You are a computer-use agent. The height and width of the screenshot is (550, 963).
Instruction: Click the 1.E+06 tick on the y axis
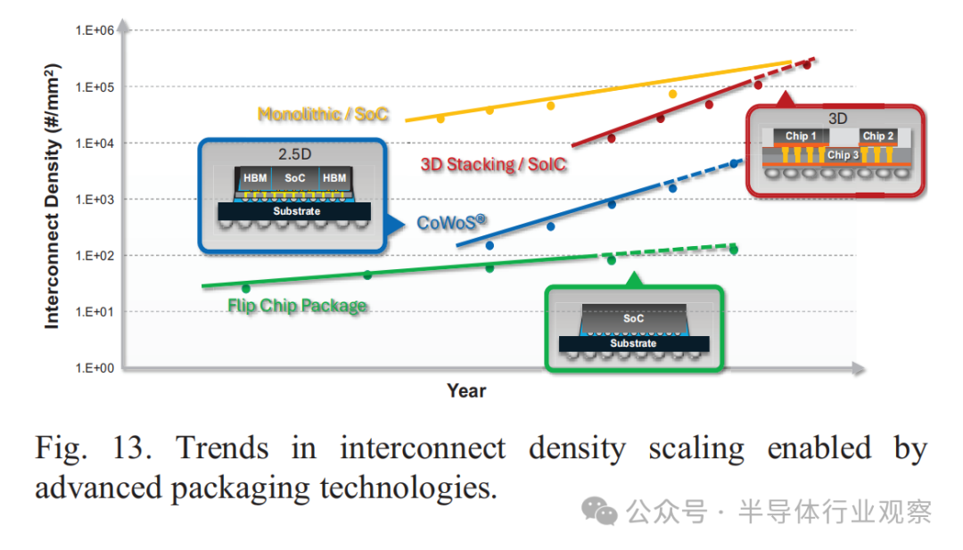pyautogui.click(x=95, y=30)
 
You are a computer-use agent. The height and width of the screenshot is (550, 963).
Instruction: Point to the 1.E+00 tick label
pyautogui.click(x=95, y=368)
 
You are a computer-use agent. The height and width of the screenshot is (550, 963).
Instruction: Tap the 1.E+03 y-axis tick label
pyautogui.click(x=95, y=200)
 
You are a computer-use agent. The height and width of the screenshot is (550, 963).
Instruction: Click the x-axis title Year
pyautogui.click(x=466, y=391)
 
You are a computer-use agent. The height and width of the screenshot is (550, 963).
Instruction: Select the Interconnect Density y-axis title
pyautogui.click(x=53, y=196)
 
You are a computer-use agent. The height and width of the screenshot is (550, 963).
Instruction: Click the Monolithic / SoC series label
pyautogui.click(x=323, y=114)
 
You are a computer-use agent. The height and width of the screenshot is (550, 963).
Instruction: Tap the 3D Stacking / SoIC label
pyautogui.click(x=493, y=165)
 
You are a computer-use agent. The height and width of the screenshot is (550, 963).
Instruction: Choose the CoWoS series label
pyautogui.click(x=451, y=222)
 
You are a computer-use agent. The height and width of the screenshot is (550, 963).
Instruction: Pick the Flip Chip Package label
pyautogui.click(x=297, y=306)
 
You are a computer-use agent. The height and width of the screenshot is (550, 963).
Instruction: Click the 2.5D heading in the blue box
pyautogui.click(x=295, y=154)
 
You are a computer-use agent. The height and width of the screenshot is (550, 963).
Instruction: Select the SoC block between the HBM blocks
pyautogui.click(x=295, y=178)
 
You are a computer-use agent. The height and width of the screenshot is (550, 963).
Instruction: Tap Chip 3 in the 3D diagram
pyautogui.click(x=843, y=155)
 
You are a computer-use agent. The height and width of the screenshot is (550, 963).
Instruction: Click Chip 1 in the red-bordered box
pyautogui.click(x=801, y=135)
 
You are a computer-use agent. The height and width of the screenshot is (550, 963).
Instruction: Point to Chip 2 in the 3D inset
pyautogui.click(x=878, y=135)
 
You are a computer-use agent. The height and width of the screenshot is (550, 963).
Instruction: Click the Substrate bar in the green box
pyautogui.click(x=634, y=344)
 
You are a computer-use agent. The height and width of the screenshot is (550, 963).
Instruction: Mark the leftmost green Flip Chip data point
pyautogui.click(x=246, y=288)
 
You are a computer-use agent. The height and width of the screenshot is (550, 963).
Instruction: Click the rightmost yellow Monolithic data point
pyautogui.click(x=672, y=94)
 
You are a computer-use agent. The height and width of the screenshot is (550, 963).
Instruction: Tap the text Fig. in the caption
pyautogui.click(x=61, y=448)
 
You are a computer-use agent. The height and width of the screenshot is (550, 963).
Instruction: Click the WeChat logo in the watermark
pyautogui.click(x=599, y=511)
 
